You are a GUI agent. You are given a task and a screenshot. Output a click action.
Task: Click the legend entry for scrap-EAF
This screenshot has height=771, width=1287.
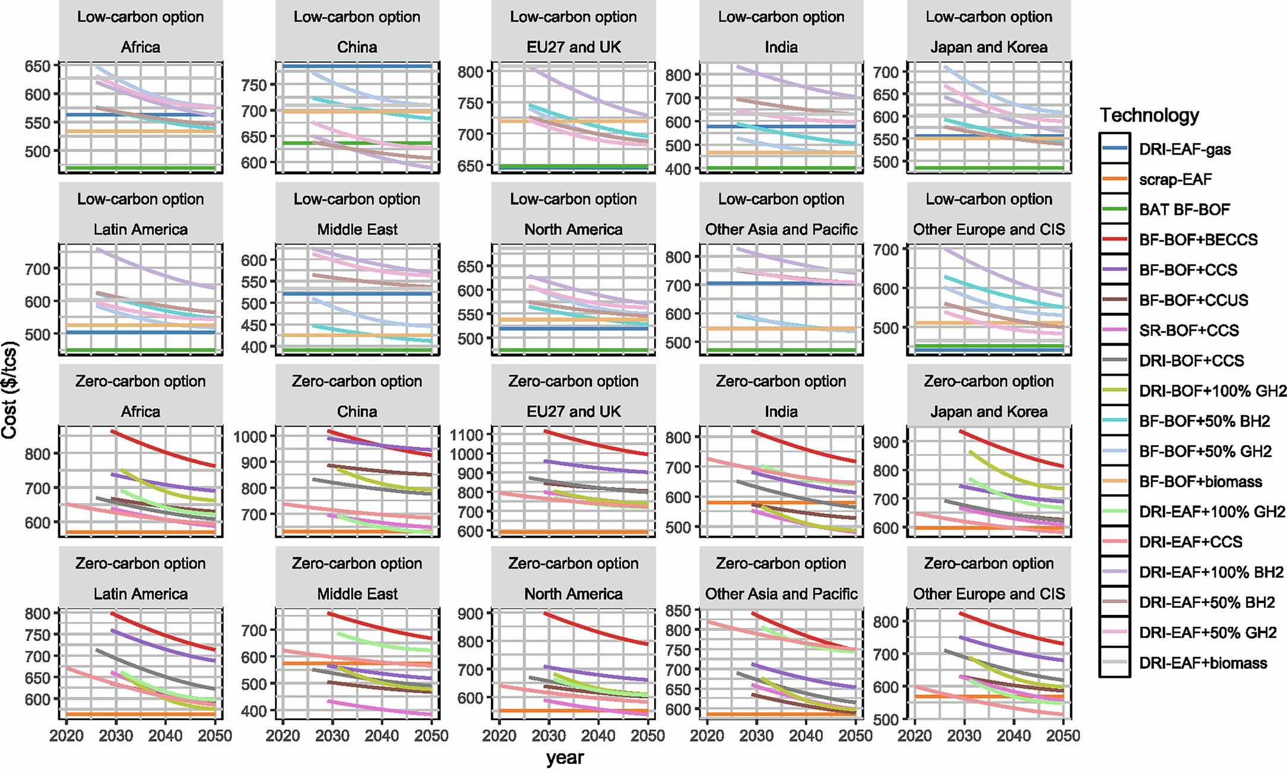tap(1175, 179)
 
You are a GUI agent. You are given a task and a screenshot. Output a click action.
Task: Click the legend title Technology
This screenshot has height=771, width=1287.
tap(1149, 115)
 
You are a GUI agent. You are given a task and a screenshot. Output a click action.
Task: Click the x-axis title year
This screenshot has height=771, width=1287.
tap(565, 757)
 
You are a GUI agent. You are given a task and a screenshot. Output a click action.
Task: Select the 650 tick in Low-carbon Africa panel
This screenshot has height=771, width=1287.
tap(37, 66)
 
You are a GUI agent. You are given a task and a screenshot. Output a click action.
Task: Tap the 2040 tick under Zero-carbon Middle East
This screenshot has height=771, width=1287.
tap(382, 736)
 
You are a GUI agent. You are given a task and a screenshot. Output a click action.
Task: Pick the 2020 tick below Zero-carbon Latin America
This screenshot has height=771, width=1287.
tap(66, 736)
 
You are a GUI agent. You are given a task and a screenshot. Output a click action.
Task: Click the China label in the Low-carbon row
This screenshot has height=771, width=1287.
tap(357, 47)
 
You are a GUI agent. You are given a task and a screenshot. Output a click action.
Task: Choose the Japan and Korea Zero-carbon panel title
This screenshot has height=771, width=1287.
tap(988, 411)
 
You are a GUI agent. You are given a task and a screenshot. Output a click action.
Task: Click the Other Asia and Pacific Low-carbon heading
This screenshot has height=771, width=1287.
tap(781, 229)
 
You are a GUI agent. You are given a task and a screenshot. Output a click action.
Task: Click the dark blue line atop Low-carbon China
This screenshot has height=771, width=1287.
tap(356, 66)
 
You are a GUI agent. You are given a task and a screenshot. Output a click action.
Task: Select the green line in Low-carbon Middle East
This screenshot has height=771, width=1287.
tap(356, 350)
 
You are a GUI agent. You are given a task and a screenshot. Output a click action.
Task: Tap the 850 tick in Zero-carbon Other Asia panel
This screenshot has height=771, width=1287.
tap(679, 611)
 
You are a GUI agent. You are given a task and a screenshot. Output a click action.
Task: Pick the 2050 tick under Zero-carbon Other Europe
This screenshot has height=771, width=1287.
tap(1063, 736)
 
